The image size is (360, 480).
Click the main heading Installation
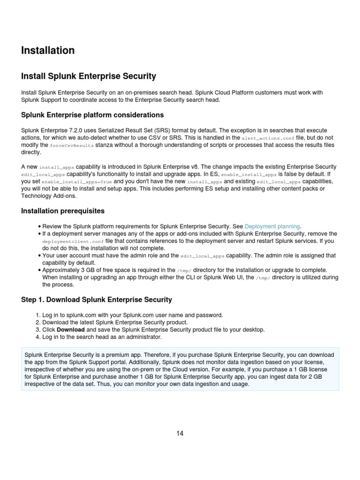click(x=48, y=50)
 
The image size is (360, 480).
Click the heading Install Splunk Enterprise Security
click(x=89, y=76)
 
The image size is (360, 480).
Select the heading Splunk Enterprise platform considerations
click(x=92, y=115)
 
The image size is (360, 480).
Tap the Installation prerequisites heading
click(x=63, y=211)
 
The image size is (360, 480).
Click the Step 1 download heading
click(x=97, y=300)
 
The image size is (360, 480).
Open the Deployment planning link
click(x=272, y=226)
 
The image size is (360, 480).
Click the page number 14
click(x=180, y=433)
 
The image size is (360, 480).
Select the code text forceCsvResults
click(x=72, y=145)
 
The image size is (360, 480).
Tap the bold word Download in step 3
click(x=70, y=330)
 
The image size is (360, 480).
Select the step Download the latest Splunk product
click(x=115, y=322)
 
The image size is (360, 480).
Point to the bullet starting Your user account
click(x=187, y=255)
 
